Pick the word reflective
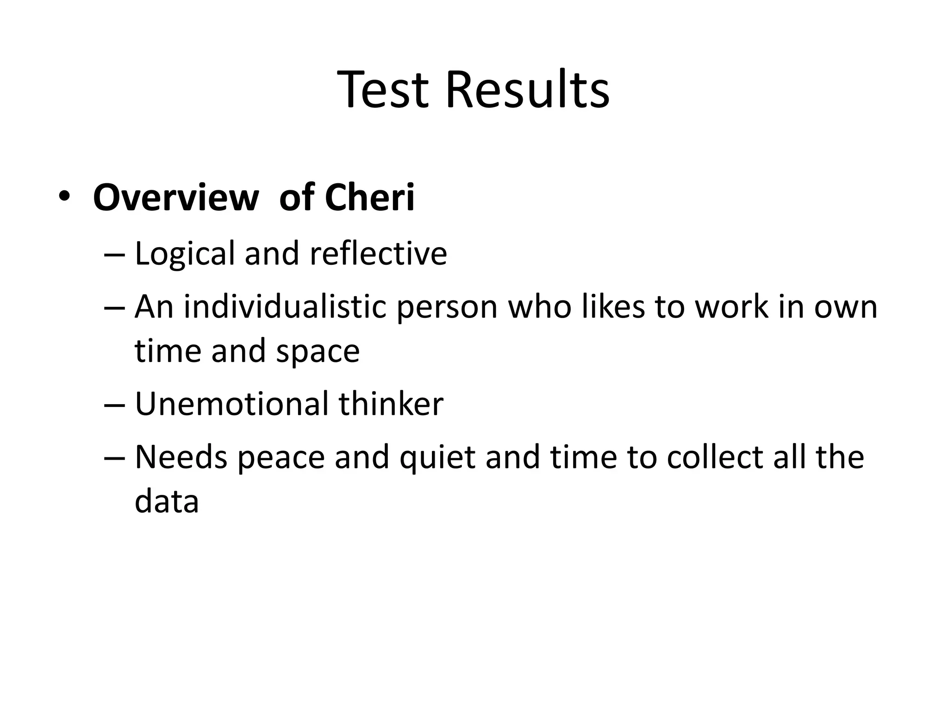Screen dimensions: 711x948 pyautogui.click(x=378, y=254)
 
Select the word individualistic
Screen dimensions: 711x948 pyautogui.click(x=285, y=306)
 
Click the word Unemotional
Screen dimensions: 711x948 pyautogui.click(x=231, y=404)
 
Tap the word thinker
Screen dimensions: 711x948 pyautogui.click(x=391, y=404)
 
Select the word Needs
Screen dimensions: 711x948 pyautogui.click(x=181, y=457)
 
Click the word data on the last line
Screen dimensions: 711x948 pyautogui.click(x=167, y=501)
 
